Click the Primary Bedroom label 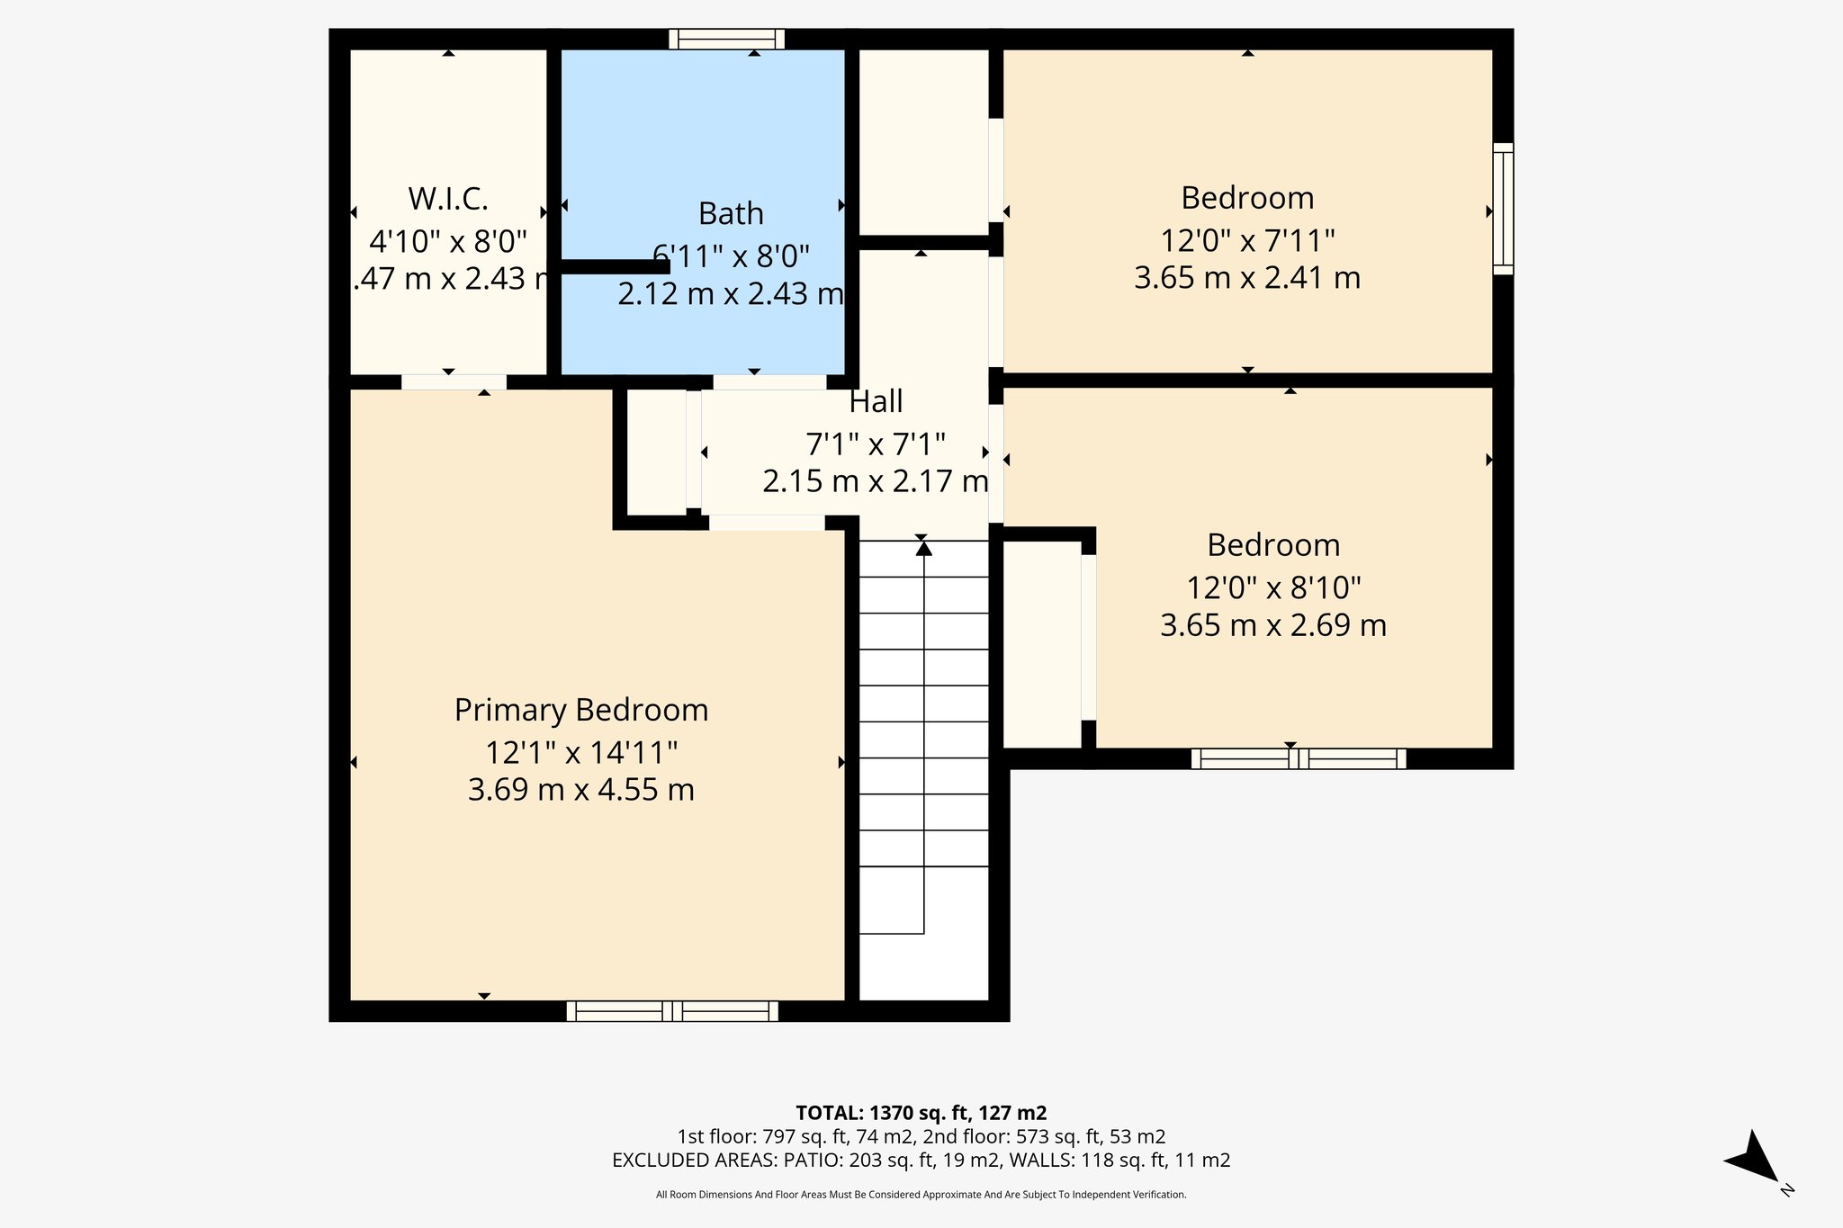(x=581, y=710)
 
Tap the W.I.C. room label (x=448, y=198)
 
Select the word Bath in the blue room (x=731, y=214)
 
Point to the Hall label (x=876, y=401)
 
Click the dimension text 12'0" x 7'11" (x=1247, y=241)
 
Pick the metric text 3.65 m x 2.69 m (x=1272, y=624)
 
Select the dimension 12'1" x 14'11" (x=581, y=751)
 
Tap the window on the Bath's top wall (x=727, y=39)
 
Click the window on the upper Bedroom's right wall (x=1503, y=209)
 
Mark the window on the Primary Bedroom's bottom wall (x=672, y=1011)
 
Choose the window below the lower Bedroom (x=1298, y=758)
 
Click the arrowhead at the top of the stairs (x=923, y=548)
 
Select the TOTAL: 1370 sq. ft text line (x=921, y=1113)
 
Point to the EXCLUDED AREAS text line (x=921, y=1161)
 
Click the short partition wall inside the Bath (x=615, y=266)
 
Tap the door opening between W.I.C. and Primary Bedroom (x=454, y=382)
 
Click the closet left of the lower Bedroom (x=1041, y=643)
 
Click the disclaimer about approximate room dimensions (x=921, y=1195)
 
